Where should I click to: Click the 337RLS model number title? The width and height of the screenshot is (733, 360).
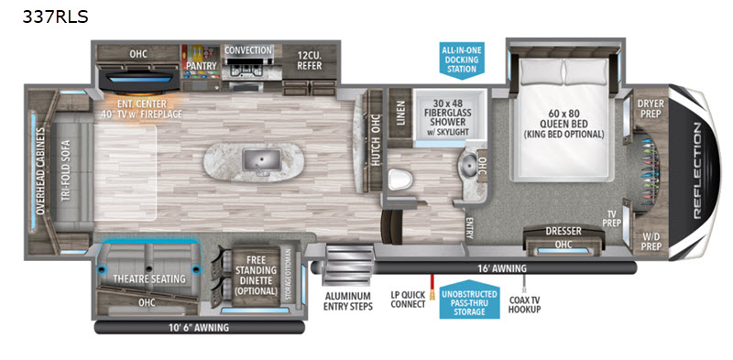tap(55, 16)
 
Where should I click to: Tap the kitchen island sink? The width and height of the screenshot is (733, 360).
tap(261, 160)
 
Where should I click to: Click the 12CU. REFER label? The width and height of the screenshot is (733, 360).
tap(310, 60)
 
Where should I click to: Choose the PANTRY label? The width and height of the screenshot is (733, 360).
tap(202, 66)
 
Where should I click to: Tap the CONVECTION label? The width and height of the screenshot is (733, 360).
tap(248, 50)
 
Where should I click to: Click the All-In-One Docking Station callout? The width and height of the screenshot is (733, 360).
tap(462, 59)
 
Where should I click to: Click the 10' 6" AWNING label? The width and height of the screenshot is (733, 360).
tap(200, 327)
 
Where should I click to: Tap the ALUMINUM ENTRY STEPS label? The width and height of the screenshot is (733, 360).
tap(348, 301)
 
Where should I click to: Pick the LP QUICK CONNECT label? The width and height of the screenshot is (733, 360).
tap(408, 299)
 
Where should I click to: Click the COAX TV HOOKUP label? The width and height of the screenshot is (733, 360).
tap(524, 303)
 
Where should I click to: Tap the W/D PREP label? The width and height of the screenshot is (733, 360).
tap(651, 239)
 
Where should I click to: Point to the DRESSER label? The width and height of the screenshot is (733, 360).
tap(563, 231)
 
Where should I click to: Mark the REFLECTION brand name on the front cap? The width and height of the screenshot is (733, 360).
tap(697, 170)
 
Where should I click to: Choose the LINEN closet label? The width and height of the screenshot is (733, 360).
tap(400, 114)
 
